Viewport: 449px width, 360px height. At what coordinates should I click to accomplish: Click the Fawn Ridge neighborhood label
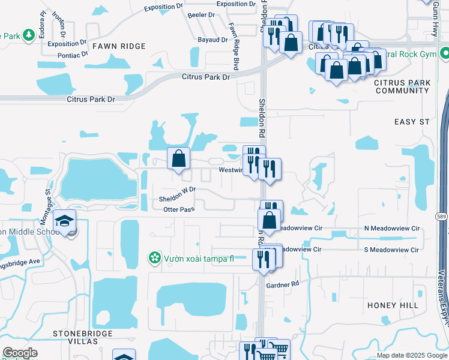point(118,46)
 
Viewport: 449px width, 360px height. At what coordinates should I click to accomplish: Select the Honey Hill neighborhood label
point(393,305)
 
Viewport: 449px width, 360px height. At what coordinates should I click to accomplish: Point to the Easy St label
point(412,122)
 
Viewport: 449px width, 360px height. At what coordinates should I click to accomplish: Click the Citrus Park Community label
point(402,86)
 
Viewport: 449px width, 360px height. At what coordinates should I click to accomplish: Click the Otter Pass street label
point(179,209)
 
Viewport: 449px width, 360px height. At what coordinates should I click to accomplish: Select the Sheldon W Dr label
point(177,194)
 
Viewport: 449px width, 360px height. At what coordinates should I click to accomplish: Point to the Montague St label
point(49,199)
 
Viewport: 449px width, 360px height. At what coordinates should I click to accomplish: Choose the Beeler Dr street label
point(201,15)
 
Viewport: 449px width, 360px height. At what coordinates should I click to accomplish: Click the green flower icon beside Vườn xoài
point(155,258)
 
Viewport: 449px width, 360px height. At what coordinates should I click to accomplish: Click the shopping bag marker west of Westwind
point(178,159)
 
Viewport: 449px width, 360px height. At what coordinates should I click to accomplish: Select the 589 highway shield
point(442,216)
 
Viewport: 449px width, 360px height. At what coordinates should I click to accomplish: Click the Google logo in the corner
point(20,353)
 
